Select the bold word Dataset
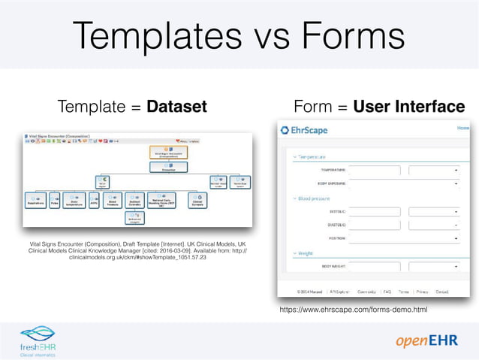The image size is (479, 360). coord(176,107)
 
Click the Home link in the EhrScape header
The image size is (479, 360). coord(463,129)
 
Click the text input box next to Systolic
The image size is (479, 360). coord(375,211)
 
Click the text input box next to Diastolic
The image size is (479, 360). coord(375,224)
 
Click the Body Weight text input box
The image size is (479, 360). coord(375,266)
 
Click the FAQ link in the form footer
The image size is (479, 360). coord(387,292)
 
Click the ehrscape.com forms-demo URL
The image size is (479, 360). coord(353,309)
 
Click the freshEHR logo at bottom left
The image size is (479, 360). coord(38,340)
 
